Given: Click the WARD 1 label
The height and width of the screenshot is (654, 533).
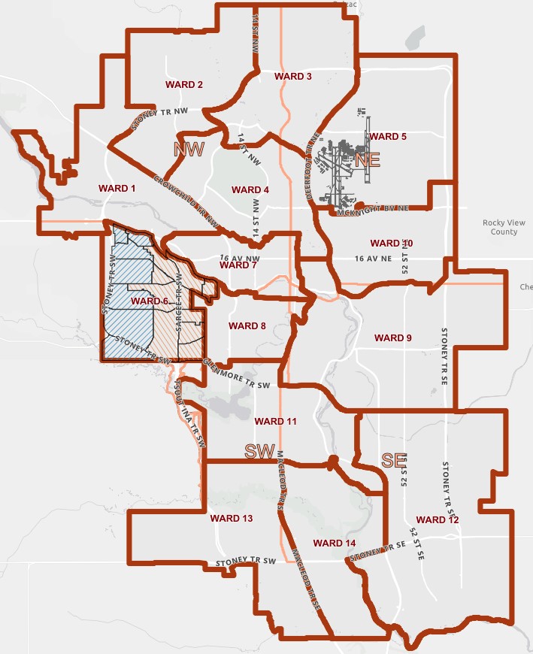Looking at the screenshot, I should (117, 187).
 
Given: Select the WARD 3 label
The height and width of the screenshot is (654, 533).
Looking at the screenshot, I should (293, 77).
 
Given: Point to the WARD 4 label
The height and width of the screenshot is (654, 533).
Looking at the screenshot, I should (250, 189).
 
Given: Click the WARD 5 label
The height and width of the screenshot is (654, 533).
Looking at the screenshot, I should (388, 137).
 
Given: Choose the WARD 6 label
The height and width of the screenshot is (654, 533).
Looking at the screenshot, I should (150, 301).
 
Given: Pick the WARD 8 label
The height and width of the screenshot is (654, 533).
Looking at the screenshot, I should (247, 326).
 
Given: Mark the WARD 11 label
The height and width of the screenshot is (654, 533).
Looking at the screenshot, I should (276, 421).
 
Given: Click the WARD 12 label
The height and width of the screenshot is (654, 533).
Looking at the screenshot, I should (437, 519).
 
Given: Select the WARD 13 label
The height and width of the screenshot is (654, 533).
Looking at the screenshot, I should (232, 519).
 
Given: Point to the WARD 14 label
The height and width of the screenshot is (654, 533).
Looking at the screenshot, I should (335, 543).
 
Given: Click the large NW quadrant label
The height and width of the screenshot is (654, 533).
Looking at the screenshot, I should (189, 148).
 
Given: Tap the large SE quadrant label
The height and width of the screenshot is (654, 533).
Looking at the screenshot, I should (394, 461).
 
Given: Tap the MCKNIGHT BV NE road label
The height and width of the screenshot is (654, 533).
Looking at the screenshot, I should (374, 213).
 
